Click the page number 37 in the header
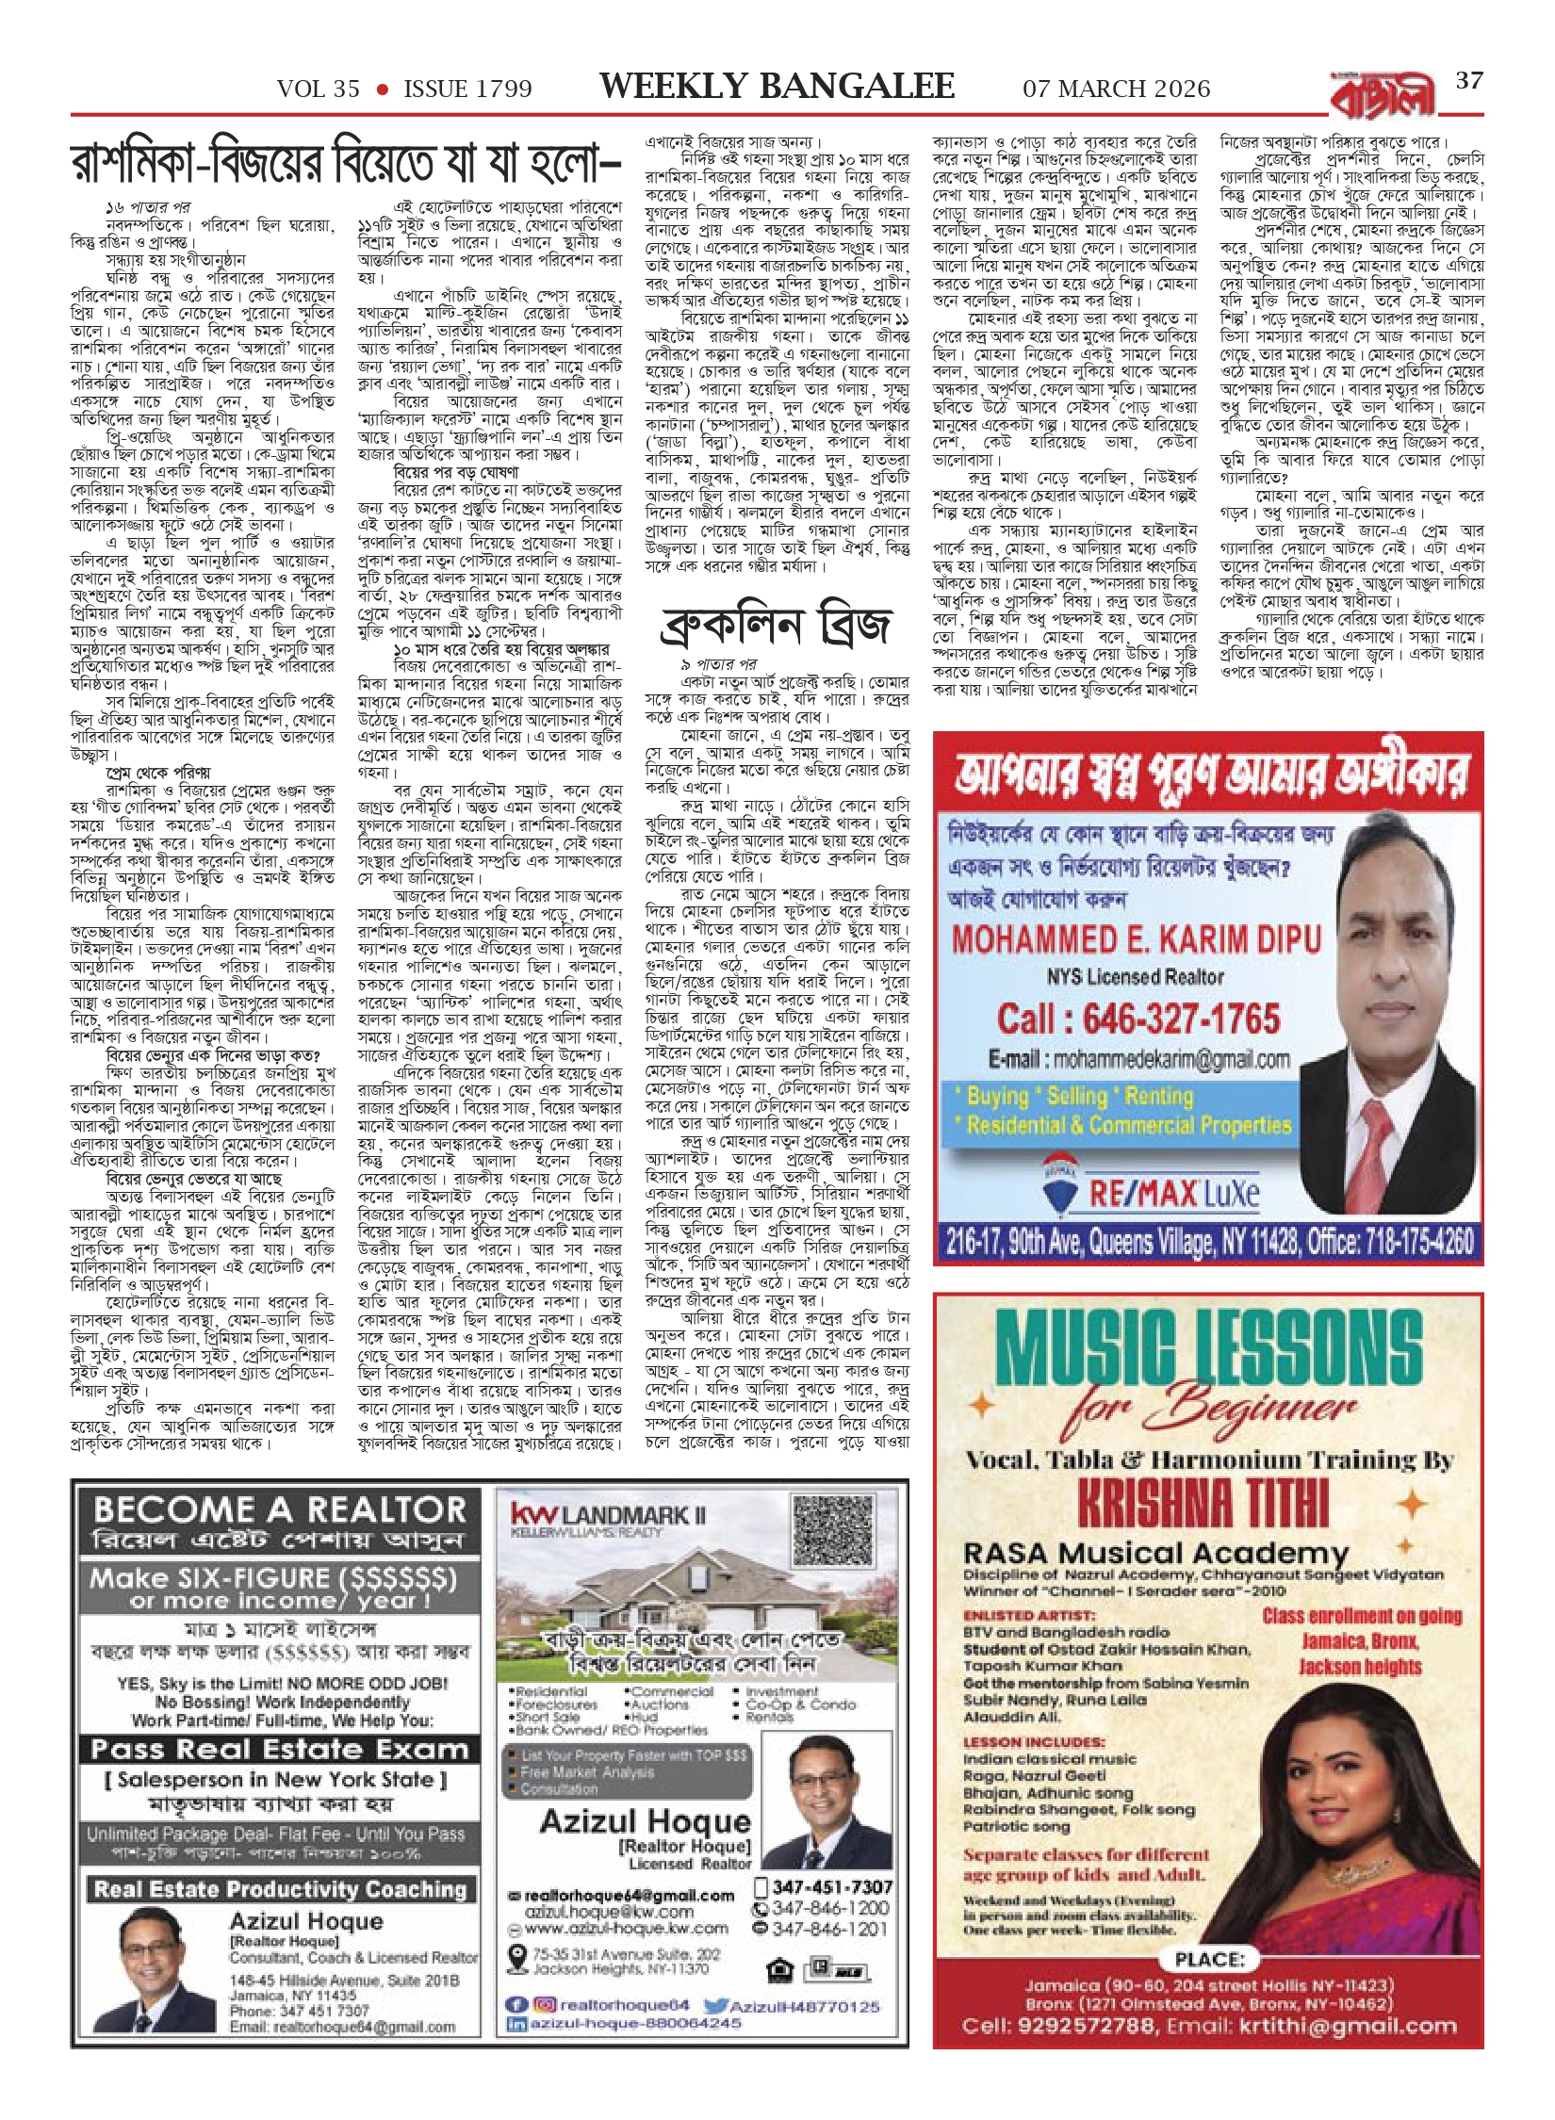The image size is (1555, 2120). (1469, 81)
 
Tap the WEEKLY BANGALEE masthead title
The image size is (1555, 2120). (777, 87)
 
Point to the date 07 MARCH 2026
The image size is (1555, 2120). (1116, 89)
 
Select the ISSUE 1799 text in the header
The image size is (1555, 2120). (467, 90)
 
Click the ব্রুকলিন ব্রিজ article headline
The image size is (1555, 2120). (776, 626)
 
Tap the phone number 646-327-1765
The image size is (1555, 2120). (1138, 1019)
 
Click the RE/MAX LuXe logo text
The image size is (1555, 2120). (1173, 1195)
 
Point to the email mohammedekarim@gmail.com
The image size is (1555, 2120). (1138, 1059)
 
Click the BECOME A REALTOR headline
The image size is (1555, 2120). (280, 1510)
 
